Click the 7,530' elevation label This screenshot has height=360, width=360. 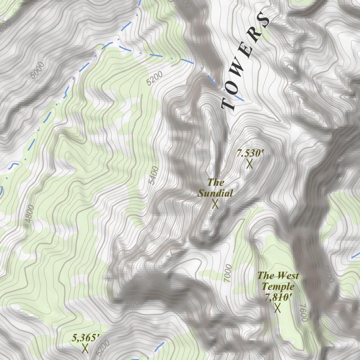pos(250,153)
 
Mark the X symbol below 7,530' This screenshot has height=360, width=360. pos(250,164)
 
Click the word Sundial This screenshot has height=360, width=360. pos(215,193)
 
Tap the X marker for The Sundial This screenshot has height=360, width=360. pos(215,204)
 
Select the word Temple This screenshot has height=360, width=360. pos(278,287)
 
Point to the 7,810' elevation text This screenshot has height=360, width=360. pos(279,297)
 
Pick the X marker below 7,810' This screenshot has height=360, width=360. pos(278,308)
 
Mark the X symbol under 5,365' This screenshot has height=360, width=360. pos(85,348)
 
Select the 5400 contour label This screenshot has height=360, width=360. pos(154,175)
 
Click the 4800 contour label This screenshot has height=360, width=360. pos(30,214)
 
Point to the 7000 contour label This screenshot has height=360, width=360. pos(227,273)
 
